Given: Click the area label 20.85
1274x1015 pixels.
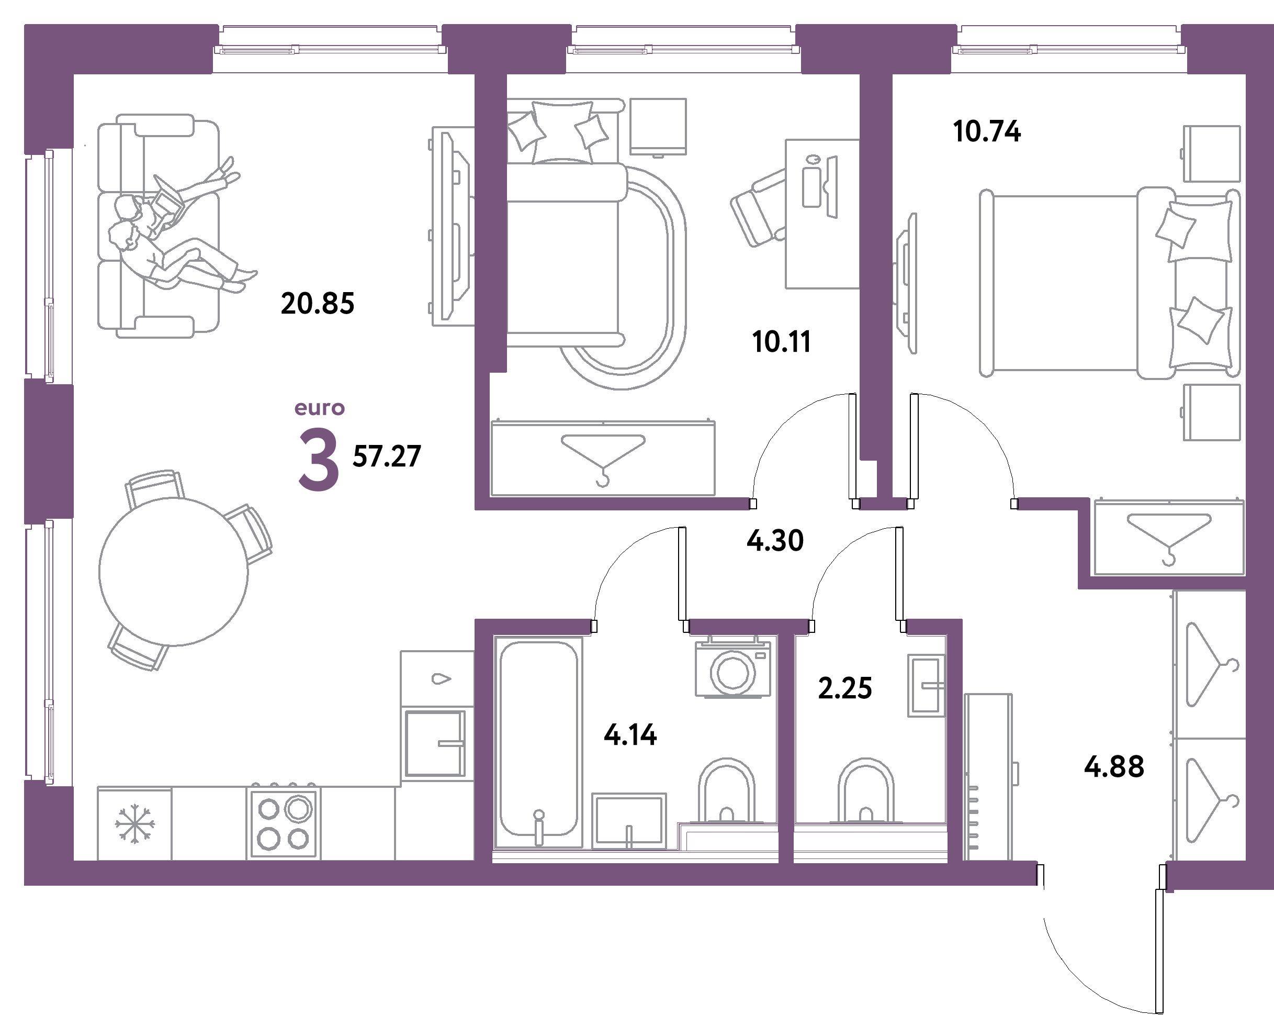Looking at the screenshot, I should coord(317,303).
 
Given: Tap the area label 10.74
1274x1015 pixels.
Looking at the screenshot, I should coord(987,131).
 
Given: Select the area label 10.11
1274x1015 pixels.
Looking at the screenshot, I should coord(781,342).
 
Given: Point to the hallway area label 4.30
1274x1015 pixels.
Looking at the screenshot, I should coord(775,540).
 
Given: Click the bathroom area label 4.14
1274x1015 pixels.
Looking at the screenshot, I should coord(630,735).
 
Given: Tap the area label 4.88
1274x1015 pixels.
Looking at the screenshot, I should coord(1114,767).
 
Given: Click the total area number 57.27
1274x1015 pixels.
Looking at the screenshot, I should coord(387,456).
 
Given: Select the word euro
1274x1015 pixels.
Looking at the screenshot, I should coord(320,408).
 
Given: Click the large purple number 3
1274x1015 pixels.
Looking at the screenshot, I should coord(319,460).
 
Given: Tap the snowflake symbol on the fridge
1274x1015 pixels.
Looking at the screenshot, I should coord(135,823).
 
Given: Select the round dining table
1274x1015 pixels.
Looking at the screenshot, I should coord(173,571).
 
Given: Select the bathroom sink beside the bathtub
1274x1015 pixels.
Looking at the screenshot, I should coord(629,820).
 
